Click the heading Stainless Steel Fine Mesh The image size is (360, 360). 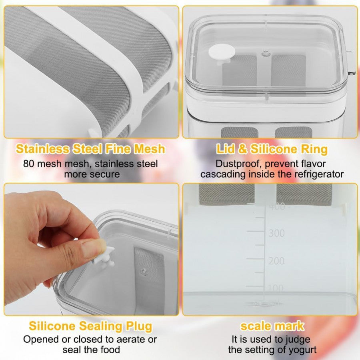[x=90, y=149]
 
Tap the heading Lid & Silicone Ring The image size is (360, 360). [x=272, y=149]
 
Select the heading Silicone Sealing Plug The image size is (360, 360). [x=90, y=326]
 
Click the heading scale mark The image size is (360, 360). [x=272, y=326]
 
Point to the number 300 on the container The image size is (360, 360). [x=276, y=233]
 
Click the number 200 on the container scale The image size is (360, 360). [x=276, y=261]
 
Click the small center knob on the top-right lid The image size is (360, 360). [x=264, y=53]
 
